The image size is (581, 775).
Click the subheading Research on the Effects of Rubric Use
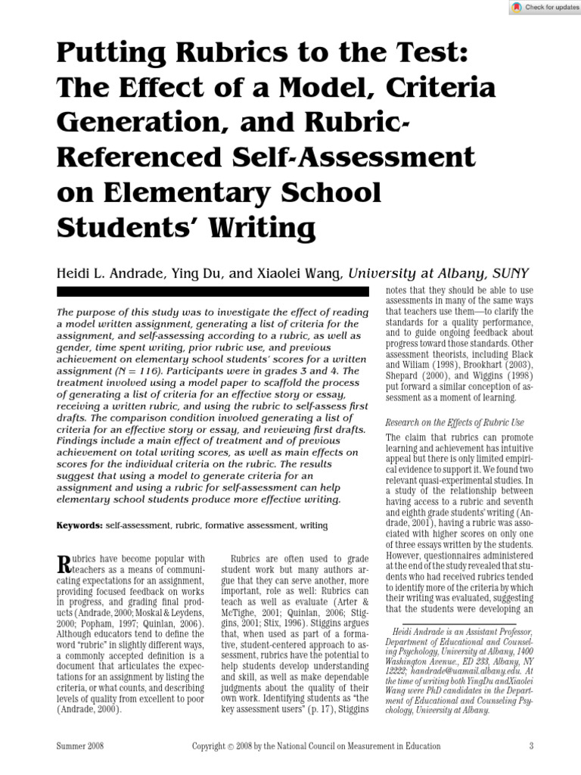455,422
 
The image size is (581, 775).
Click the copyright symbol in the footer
231,745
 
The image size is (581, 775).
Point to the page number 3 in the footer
531,745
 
